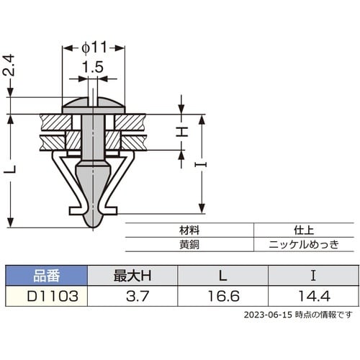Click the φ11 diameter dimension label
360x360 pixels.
coord(94,47)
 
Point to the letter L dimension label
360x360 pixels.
coord(9,170)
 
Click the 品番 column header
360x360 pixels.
coord(47,275)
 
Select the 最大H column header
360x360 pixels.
coord(132,275)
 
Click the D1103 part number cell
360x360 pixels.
coord(47,295)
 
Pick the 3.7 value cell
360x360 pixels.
coord(132,295)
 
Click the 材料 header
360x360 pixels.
coord(189,230)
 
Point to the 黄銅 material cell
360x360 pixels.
coord(189,244)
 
